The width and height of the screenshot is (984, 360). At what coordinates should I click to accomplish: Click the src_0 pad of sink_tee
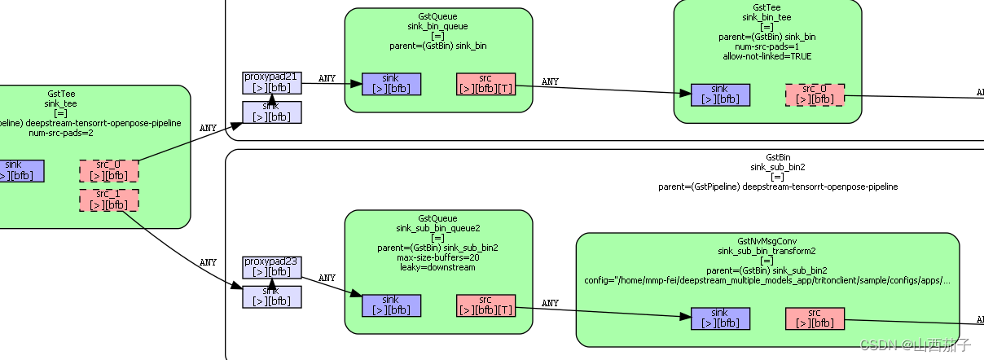tap(108, 171)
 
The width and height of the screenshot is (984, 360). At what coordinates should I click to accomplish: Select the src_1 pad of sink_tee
tap(108, 200)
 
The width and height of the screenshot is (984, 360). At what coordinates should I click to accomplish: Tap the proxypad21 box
tap(272, 82)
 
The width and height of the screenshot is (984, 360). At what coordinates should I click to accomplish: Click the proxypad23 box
tap(272, 266)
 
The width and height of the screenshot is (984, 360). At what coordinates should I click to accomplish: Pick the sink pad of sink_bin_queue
tap(391, 84)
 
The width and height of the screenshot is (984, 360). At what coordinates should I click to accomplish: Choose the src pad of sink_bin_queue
tap(485, 84)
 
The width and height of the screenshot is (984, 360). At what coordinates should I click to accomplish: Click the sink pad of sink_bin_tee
tap(720, 94)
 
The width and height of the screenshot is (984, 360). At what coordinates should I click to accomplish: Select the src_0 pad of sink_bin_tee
tap(815, 94)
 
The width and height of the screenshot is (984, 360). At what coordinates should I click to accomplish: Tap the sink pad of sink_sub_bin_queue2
tap(391, 305)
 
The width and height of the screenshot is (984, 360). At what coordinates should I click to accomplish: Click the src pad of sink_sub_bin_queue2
tap(485, 305)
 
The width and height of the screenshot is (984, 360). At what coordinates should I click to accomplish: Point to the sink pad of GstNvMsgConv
tap(720, 318)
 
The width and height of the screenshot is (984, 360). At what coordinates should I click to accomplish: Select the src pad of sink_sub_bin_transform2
tap(815, 318)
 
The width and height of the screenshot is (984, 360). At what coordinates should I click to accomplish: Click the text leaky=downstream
tap(438, 267)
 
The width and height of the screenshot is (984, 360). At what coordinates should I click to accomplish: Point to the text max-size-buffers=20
tap(438, 257)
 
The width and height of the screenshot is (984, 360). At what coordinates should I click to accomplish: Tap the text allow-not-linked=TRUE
tap(767, 56)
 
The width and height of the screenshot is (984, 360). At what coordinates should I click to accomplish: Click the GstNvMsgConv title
tap(767, 241)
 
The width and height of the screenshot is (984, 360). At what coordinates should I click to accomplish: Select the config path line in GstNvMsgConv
tap(767, 280)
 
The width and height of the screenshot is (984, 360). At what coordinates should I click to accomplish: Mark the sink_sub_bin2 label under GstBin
tap(777, 167)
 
